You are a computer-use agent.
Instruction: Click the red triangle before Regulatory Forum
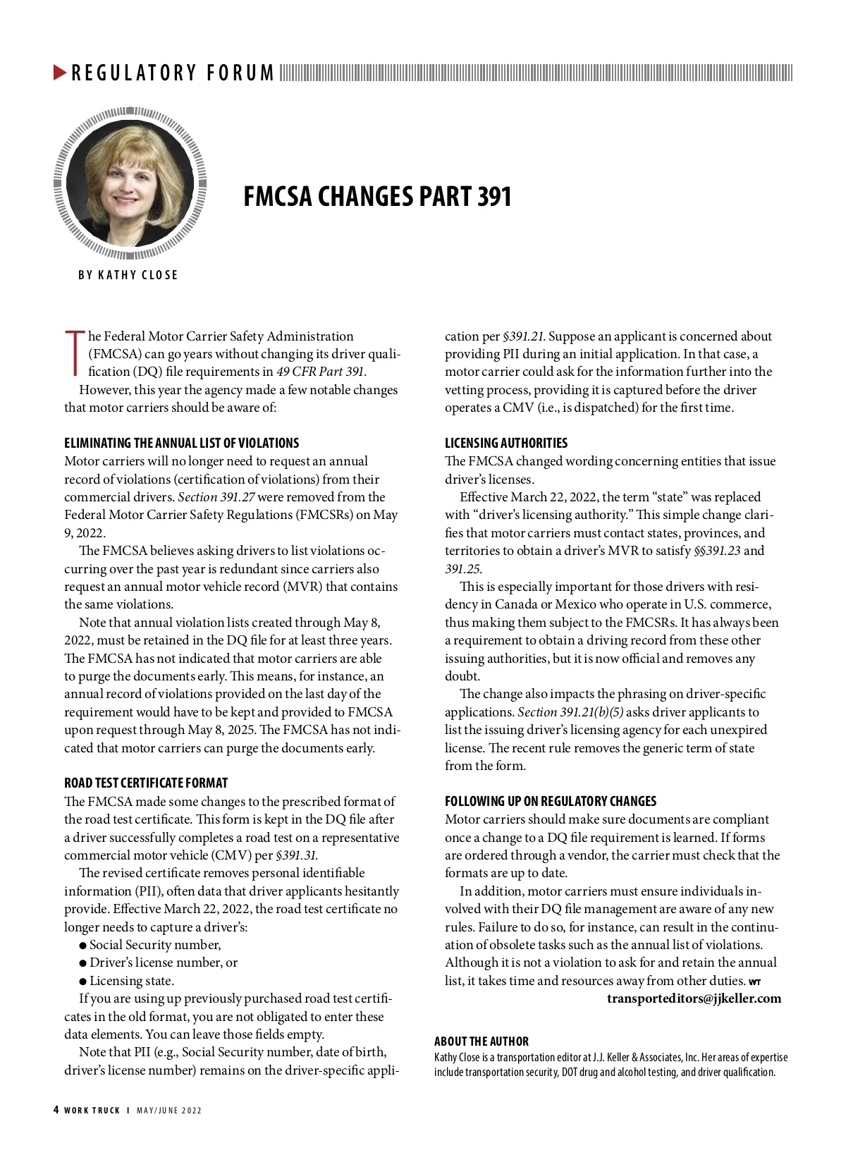coord(60,72)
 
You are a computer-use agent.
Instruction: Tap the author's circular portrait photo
coord(130,182)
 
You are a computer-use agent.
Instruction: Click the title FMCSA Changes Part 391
coord(377,197)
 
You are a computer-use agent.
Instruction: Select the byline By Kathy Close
coord(128,275)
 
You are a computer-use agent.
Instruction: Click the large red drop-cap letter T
coord(73,350)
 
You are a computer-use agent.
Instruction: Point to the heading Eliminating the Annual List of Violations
coord(181,444)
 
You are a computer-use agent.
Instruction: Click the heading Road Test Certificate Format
coord(146,783)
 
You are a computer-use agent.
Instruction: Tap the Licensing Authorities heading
coord(505,444)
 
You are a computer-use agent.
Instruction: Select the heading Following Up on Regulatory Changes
coord(550,802)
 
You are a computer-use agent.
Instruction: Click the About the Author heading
coord(481,1041)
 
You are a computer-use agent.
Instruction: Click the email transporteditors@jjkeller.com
coord(694,998)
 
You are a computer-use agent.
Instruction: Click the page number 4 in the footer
coord(56,1110)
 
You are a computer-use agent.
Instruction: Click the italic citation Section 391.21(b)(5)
coord(570,712)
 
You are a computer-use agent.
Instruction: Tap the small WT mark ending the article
coord(754,982)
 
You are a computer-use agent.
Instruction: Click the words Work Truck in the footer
coord(92,1111)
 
